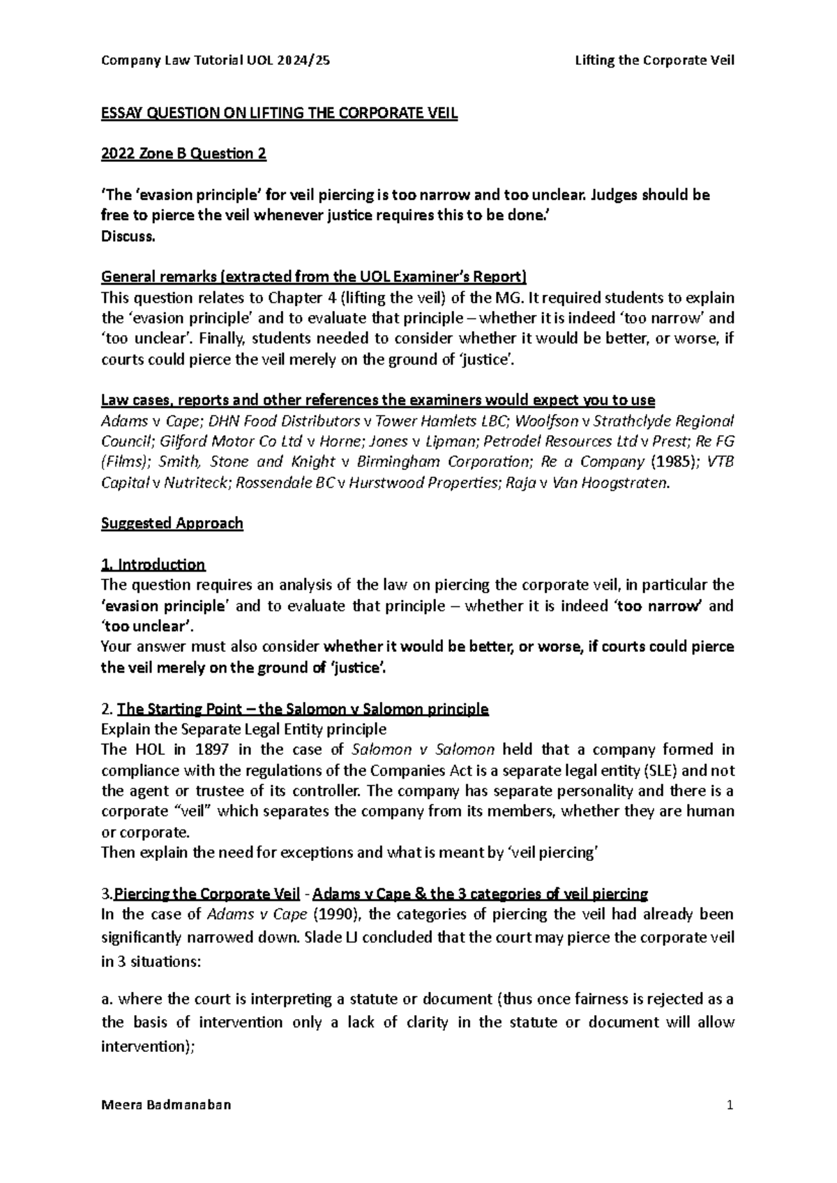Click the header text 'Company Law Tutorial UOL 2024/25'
click(216, 61)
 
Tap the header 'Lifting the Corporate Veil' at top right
click(654, 61)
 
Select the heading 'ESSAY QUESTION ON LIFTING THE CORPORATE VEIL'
click(279, 114)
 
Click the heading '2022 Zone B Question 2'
click(183, 154)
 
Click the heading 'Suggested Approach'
click(172, 524)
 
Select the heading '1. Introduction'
click(153, 565)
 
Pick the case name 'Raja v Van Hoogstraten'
click(604, 482)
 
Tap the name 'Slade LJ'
click(331, 937)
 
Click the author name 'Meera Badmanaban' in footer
click(166, 1106)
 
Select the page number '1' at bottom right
click(730, 1106)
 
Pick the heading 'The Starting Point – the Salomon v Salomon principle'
click(303, 710)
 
